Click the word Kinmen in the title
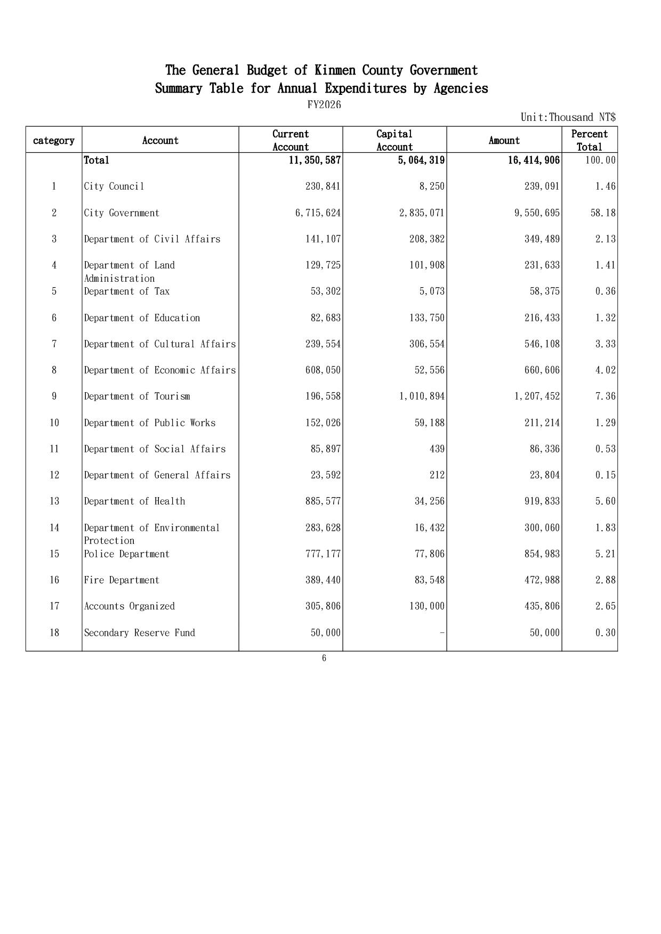tap(336, 70)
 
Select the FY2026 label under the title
tap(324, 105)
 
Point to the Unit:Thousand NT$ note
tap(568, 117)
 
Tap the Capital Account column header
tap(394, 141)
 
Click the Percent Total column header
tap(589, 141)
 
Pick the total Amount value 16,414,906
tap(534, 160)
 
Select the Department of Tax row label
tap(127, 291)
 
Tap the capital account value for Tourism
tap(422, 396)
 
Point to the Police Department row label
tap(127, 554)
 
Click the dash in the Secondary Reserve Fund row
tap(442, 633)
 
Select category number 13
tap(54, 501)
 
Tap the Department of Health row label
tap(135, 501)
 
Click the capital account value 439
tap(437, 449)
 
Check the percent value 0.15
tap(605, 475)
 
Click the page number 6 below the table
tap(324, 659)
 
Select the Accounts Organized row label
tap(130, 606)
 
